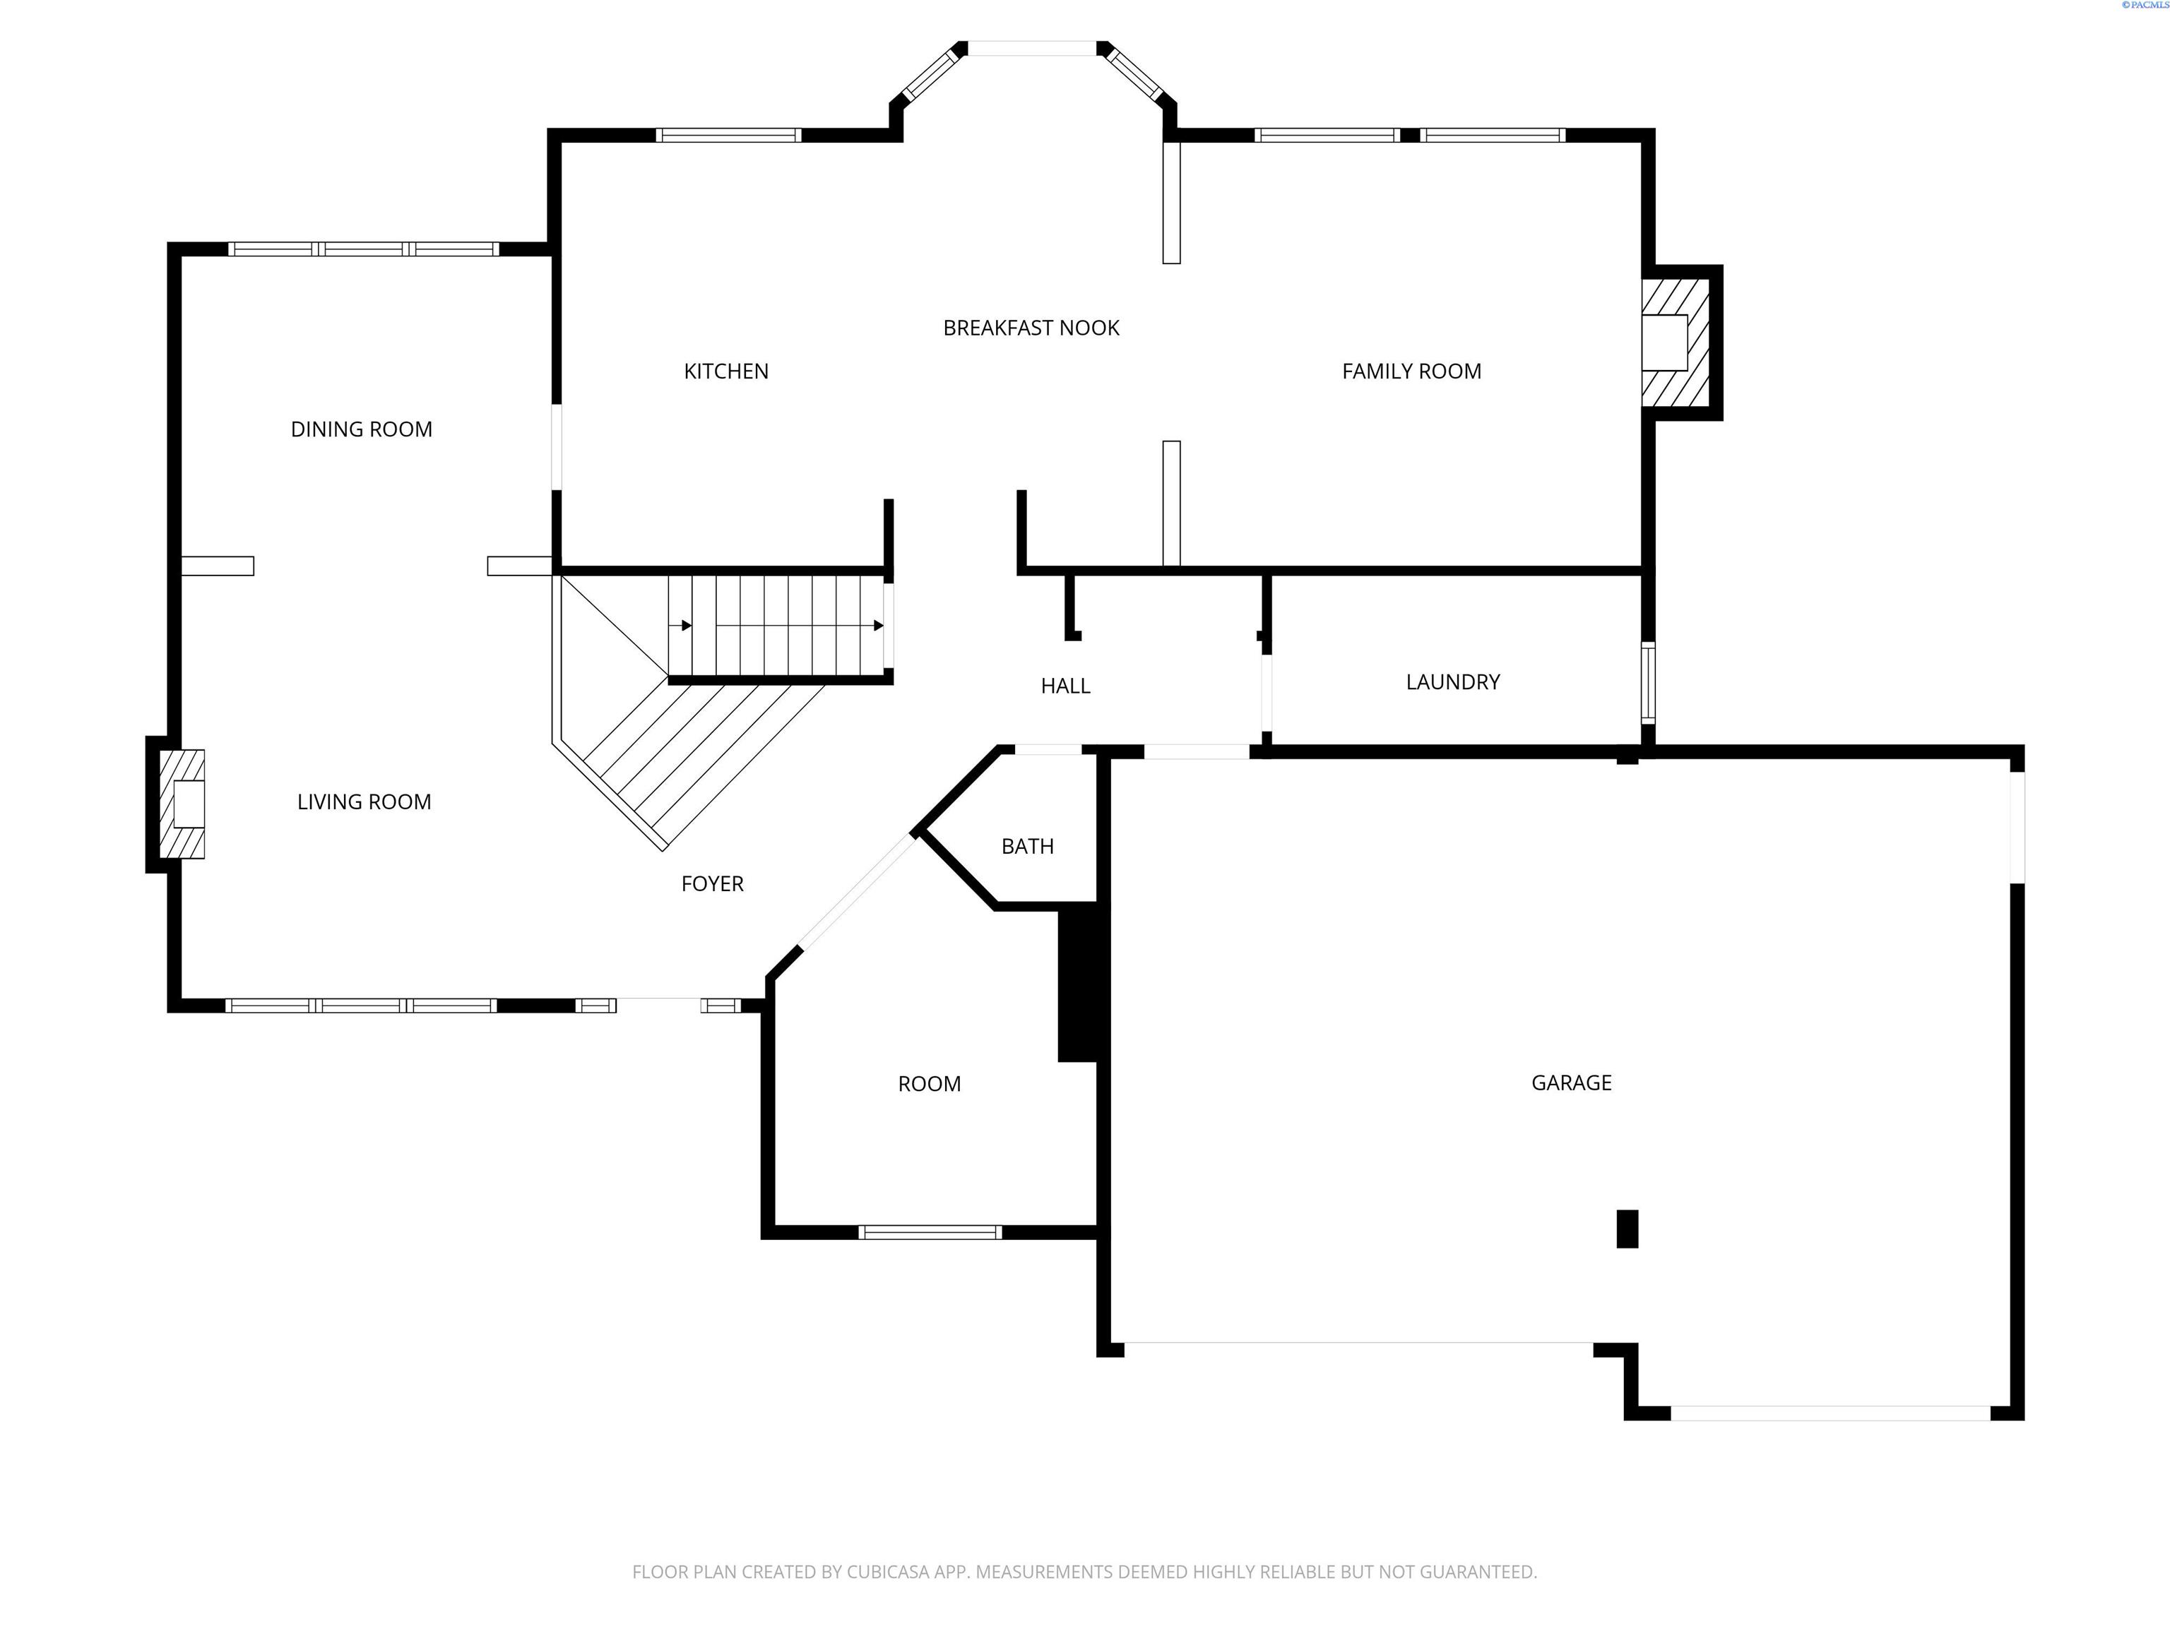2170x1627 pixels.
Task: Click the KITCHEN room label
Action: pos(726,371)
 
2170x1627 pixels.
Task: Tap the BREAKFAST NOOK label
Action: pos(1031,328)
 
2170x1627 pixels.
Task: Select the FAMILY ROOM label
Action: pos(1411,371)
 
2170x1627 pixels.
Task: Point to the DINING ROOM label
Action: pos(361,429)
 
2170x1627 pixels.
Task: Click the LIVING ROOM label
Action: pos(364,802)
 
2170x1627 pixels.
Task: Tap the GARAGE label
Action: pos(1570,1083)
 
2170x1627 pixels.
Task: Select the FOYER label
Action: pos(712,883)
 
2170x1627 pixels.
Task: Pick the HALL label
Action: pos(1065,686)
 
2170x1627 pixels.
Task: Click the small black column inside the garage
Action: pos(1627,1229)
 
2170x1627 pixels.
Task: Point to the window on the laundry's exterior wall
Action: pos(1648,683)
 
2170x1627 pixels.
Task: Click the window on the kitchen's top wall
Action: pos(728,136)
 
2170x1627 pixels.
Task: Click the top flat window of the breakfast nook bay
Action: pos(1032,48)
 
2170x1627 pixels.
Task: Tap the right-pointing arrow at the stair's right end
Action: pos(878,626)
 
